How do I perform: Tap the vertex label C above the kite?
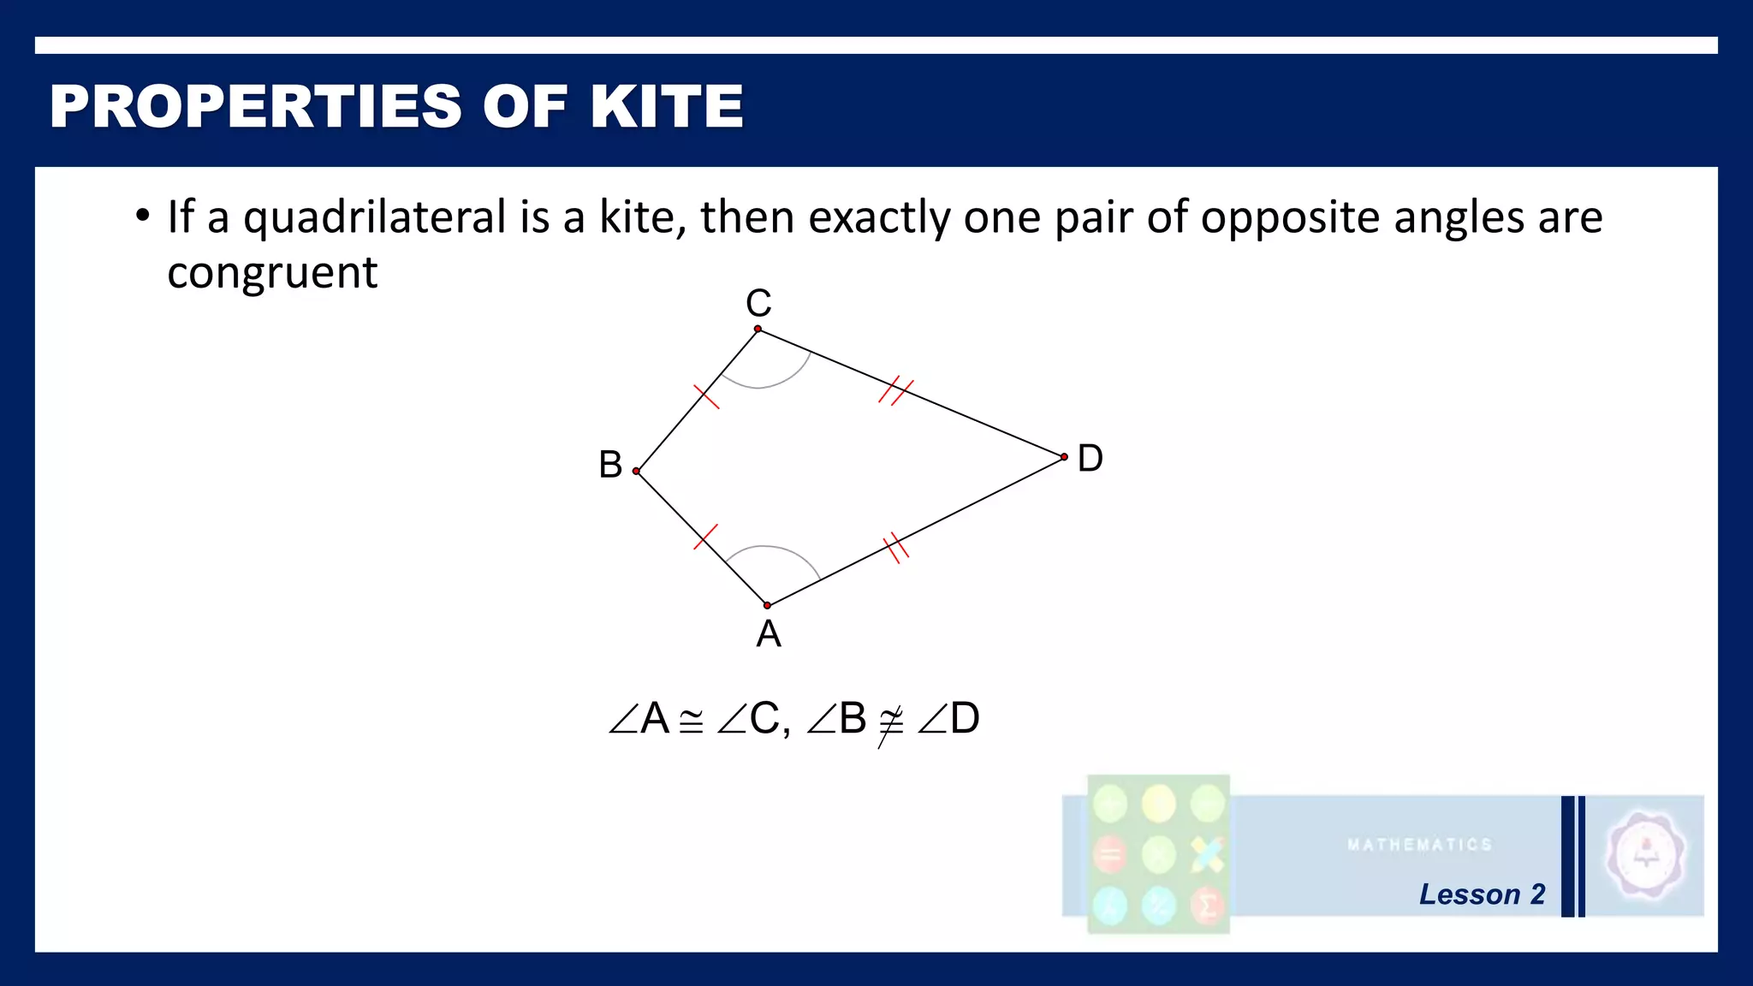[758, 303]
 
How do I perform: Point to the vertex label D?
[1090, 459]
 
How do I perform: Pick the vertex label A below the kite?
[769, 634]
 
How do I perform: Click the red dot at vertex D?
[1064, 457]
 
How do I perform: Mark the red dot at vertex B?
[637, 471]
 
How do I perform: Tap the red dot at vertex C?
[758, 329]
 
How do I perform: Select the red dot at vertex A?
[767, 605]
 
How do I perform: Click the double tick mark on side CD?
[896, 390]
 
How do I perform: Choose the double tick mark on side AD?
[895, 548]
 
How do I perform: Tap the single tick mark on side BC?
[706, 396]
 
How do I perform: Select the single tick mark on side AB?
[705, 537]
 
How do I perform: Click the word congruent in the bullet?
[272, 273]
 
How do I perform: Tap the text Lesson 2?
[1482, 894]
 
